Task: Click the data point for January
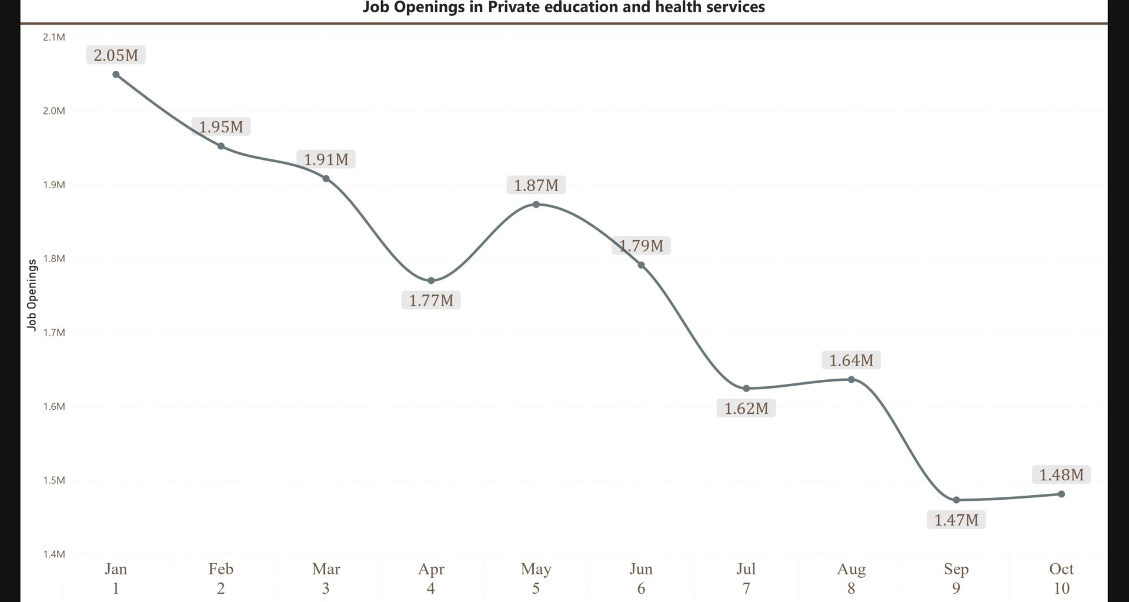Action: pos(116,75)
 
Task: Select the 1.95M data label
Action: pos(221,126)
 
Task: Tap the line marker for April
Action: pos(431,280)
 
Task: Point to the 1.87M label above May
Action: pos(536,185)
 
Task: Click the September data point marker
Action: pos(956,500)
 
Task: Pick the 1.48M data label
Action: pos(1061,474)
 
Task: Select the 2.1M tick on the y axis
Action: pos(54,37)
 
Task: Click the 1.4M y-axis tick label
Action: pos(54,554)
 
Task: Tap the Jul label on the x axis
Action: pos(746,569)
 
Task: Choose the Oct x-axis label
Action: pos(1061,569)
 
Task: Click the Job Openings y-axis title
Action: pos(32,295)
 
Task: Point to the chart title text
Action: pos(563,8)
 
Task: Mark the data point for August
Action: pos(851,379)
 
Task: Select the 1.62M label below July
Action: pos(746,408)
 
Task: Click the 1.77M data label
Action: pos(431,300)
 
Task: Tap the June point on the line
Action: pos(641,265)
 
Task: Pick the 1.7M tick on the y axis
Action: pos(54,332)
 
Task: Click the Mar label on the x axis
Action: pos(326,569)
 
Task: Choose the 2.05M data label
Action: pos(116,55)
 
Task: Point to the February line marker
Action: pos(221,146)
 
